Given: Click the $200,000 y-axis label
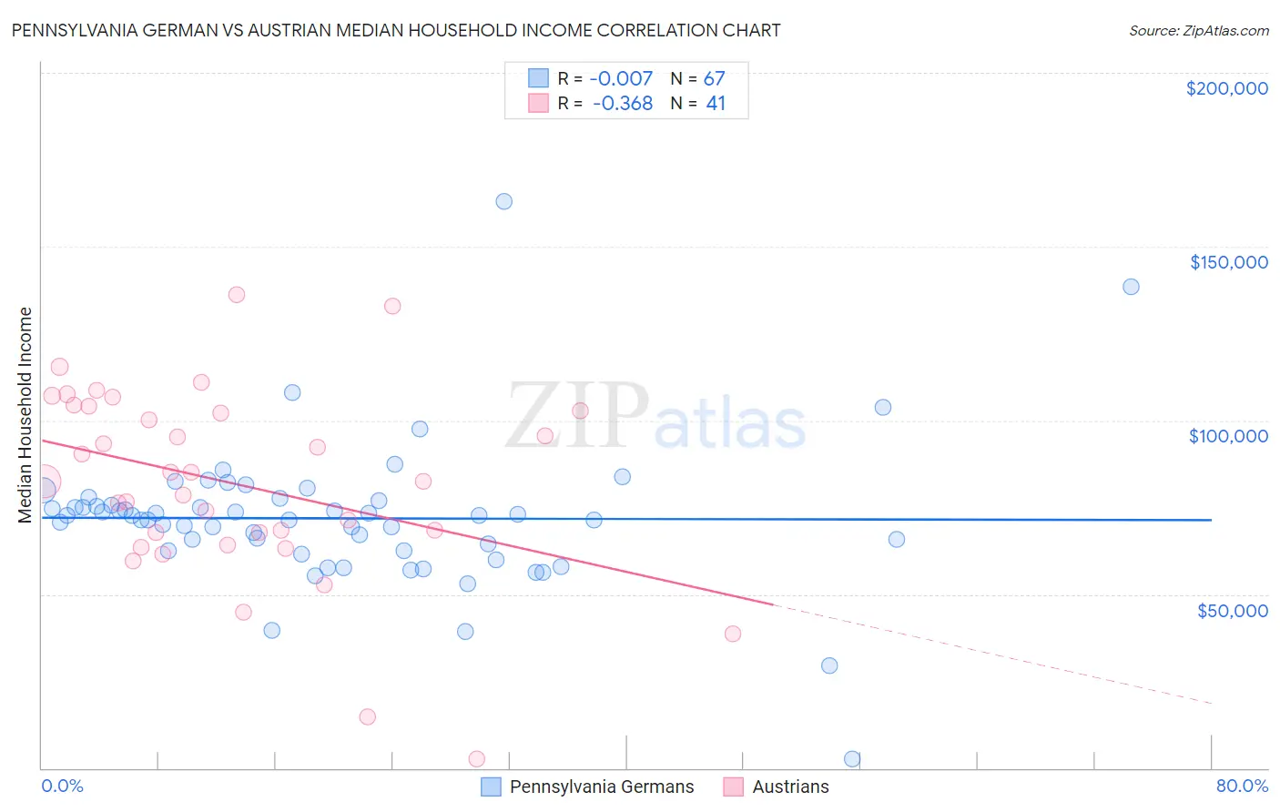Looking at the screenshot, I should point(1226,88).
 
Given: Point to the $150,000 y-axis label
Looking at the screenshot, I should point(1228,262).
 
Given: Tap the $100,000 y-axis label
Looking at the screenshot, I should point(1228,436).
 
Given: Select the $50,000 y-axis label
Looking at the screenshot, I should point(1232,611).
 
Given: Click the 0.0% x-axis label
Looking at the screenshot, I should point(62,786).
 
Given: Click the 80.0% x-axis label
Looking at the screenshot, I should point(1242,786).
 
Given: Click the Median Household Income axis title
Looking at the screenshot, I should point(25,415).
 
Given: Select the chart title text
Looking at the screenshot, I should point(396,30).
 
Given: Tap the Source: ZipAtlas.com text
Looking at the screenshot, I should point(1198,30).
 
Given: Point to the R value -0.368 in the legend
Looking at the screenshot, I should point(623,104).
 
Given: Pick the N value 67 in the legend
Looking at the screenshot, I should point(715,79).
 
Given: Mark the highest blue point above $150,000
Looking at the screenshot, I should point(503,201).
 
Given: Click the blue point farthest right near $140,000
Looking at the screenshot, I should point(1131,287).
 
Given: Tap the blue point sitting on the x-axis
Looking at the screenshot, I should point(852,759).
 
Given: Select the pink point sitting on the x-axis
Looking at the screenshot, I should point(476,759).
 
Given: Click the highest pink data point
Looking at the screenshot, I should point(237,294).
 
